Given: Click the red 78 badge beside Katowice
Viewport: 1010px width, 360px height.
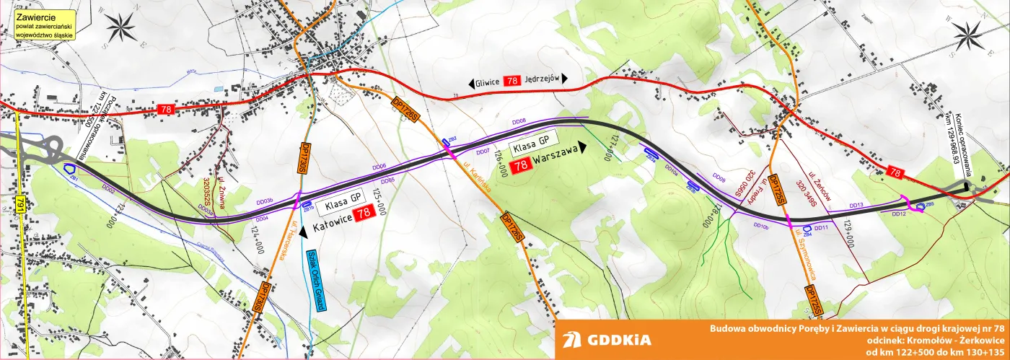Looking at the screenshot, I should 365,212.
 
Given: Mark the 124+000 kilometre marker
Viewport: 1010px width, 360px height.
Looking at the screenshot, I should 255,239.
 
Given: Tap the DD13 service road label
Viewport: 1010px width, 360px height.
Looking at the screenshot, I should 856,205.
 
